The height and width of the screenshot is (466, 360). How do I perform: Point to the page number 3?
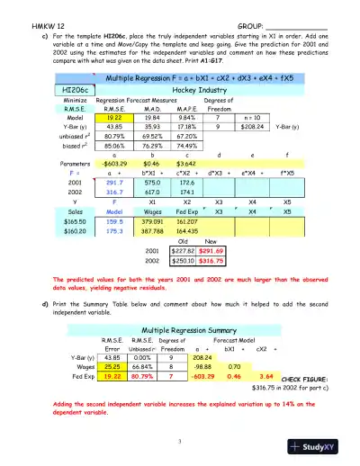(x=180, y=440)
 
